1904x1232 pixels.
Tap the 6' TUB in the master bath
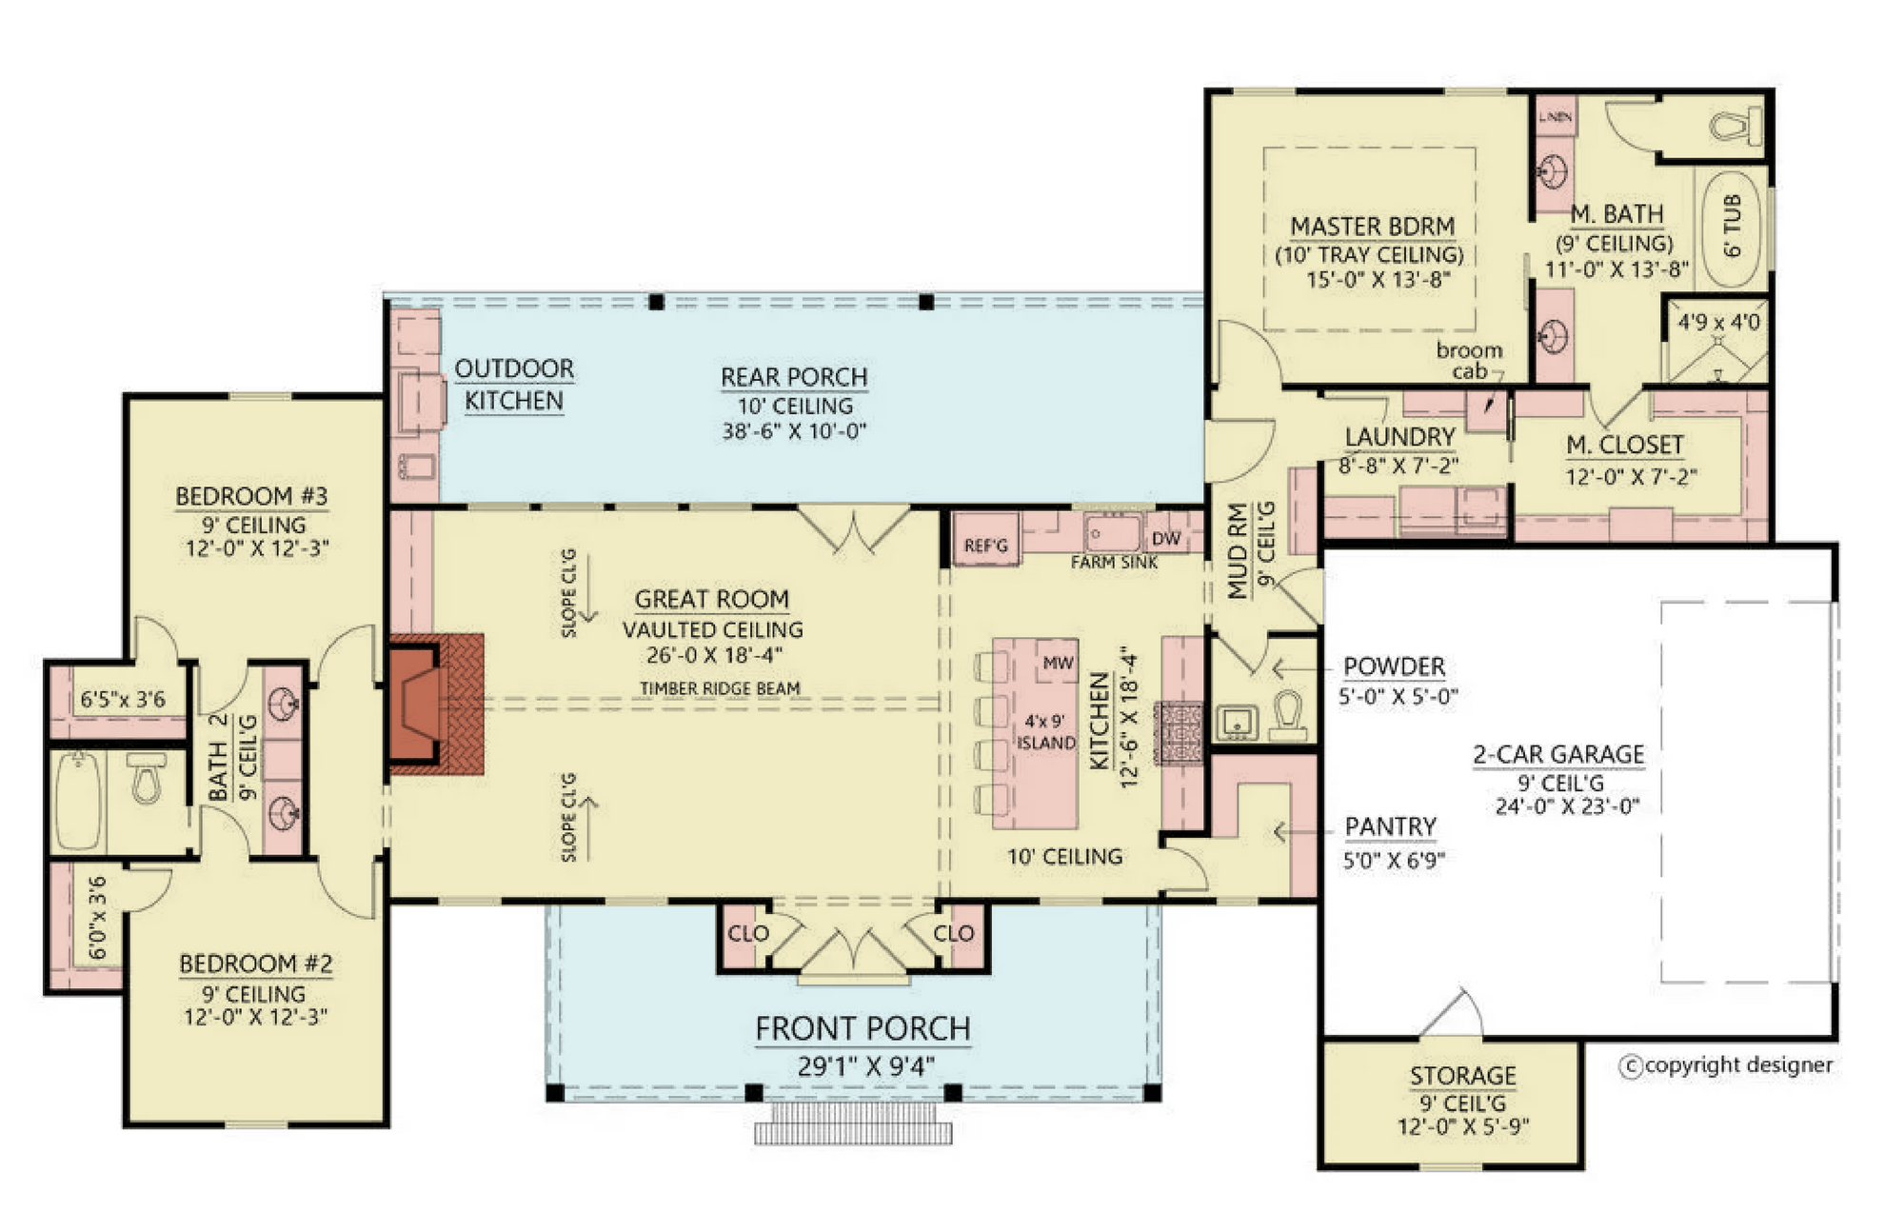[x=1731, y=227]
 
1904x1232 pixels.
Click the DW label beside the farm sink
[x=1165, y=538]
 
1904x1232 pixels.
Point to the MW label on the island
[x=1058, y=663]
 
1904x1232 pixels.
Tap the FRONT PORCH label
[x=863, y=1029]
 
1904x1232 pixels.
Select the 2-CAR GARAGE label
[x=1558, y=754]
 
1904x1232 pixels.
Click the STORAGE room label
[x=1462, y=1076]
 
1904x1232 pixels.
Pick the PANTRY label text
[x=1390, y=826]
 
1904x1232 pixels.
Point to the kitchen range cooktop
[x=1180, y=733]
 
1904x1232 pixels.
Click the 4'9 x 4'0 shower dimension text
[x=1718, y=322]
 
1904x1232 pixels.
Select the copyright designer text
[x=1726, y=1065]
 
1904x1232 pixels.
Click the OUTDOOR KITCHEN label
[x=514, y=385]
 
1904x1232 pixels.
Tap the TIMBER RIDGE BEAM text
[x=720, y=687]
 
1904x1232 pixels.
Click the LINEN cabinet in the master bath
[x=1555, y=116]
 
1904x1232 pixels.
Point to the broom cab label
[x=1469, y=360]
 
